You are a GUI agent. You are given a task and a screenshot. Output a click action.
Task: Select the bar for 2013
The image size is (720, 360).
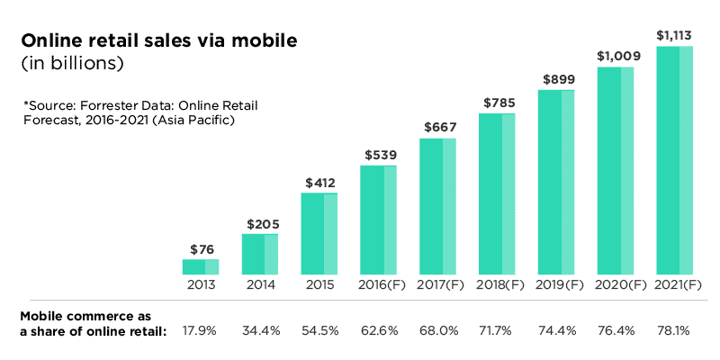pyautogui.click(x=200, y=266)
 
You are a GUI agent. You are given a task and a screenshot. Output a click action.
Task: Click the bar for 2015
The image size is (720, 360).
pyautogui.click(x=319, y=233)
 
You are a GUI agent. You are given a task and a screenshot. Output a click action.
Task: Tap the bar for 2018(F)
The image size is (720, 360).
pyautogui.click(x=497, y=193)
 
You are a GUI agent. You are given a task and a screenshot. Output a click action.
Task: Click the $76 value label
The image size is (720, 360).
pyautogui.click(x=200, y=248)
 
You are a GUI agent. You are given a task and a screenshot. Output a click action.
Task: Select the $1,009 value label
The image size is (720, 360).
pyautogui.click(x=616, y=56)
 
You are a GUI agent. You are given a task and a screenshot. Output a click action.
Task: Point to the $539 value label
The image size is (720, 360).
pyautogui.click(x=378, y=155)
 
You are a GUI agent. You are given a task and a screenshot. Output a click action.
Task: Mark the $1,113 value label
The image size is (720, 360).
pyautogui.click(x=674, y=36)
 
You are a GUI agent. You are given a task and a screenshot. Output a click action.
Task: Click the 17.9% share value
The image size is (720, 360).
pyautogui.click(x=200, y=330)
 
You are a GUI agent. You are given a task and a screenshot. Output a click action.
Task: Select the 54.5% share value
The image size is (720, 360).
pyautogui.click(x=319, y=330)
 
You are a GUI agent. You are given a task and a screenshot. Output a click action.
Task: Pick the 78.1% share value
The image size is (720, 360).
pyautogui.click(x=674, y=330)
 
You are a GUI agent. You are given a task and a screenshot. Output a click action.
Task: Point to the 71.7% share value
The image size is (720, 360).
pyautogui.click(x=497, y=330)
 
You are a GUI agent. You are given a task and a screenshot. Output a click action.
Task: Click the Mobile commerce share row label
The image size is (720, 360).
pyautogui.click(x=93, y=324)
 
